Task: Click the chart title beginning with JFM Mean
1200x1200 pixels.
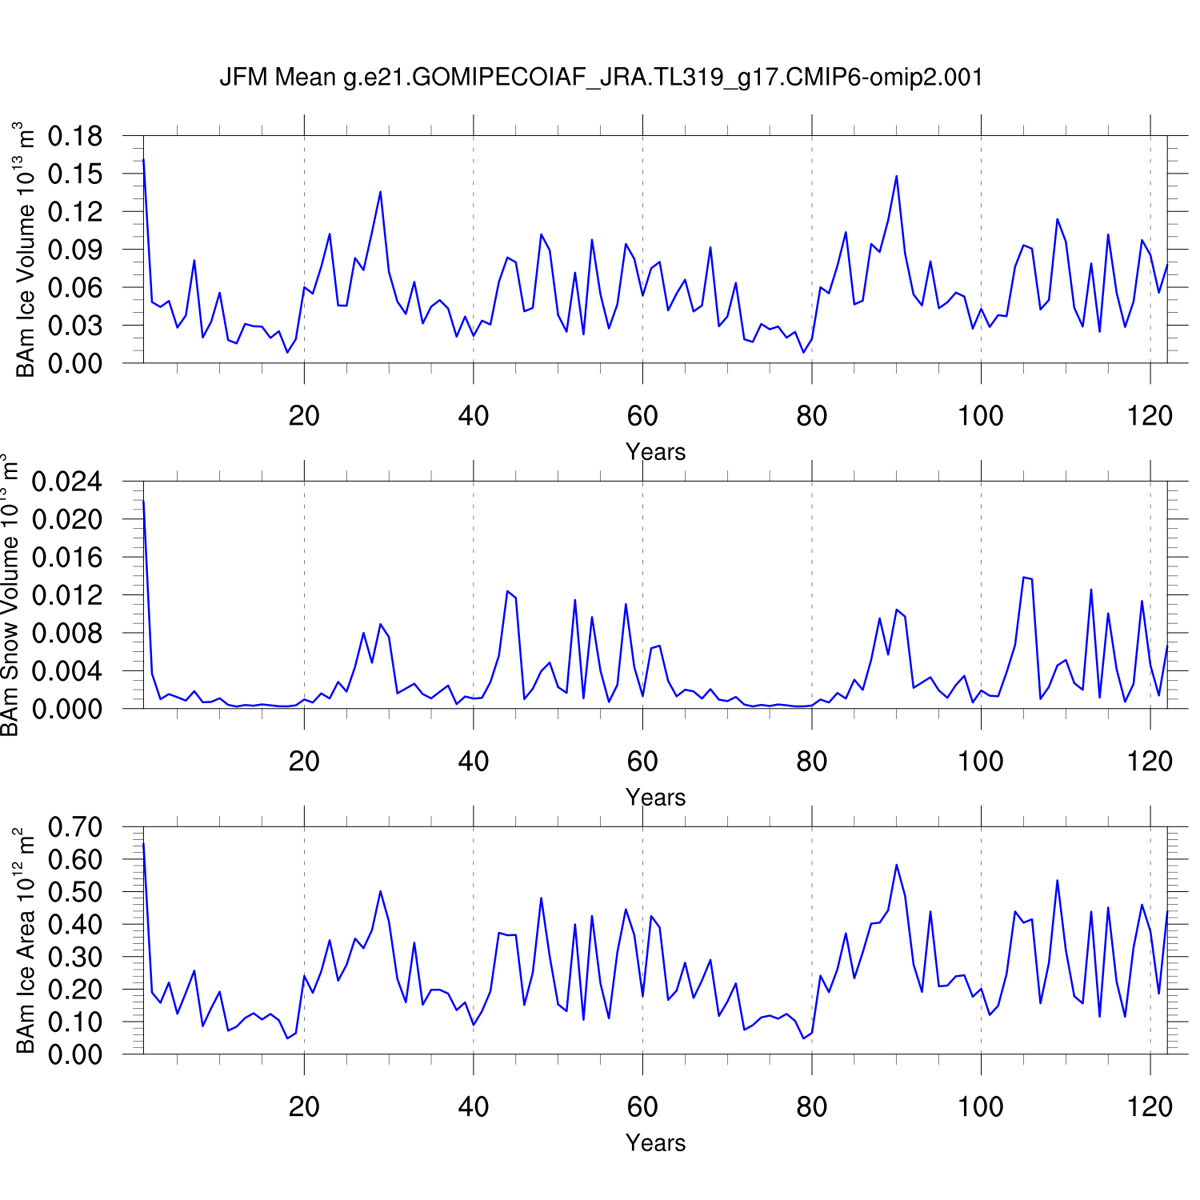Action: [x=601, y=78]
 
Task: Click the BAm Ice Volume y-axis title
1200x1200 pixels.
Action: [x=26, y=250]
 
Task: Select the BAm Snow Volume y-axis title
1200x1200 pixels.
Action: [x=10, y=596]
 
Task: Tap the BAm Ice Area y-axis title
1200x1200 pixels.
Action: [x=26, y=941]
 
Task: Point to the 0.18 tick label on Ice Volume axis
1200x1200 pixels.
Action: [x=75, y=136]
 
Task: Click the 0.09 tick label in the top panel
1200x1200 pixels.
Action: [x=75, y=250]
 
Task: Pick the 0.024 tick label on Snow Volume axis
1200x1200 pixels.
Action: [x=67, y=482]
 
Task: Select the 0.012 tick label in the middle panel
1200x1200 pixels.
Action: [x=67, y=595]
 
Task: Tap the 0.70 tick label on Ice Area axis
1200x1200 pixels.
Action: [x=75, y=827]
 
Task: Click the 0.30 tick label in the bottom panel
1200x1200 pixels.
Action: [x=75, y=957]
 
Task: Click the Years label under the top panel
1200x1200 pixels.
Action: [x=655, y=452]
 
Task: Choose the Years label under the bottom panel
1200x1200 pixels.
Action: [x=655, y=1143]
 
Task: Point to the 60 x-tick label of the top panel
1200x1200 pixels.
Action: [x=642, y=416]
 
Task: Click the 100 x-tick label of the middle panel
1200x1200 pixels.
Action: [x=981, y=762]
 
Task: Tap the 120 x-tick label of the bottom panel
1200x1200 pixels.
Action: [x=1150, y=1107]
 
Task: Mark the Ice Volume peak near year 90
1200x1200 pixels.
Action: [x=896, y=176]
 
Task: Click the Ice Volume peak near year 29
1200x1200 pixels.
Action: [x=380, y=192]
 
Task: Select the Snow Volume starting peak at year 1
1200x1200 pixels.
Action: [x=143, y=502]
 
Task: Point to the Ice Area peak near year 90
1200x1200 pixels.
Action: [x=896, y=865]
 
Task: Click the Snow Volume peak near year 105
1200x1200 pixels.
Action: [x=1023, y=577]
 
